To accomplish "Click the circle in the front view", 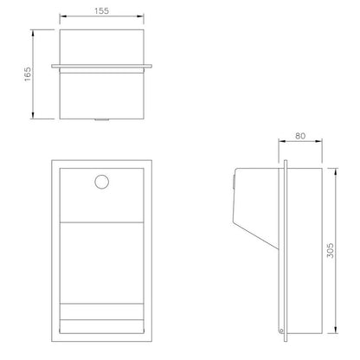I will (x=102, y=182).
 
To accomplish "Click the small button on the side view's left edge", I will (x=235, y=181).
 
